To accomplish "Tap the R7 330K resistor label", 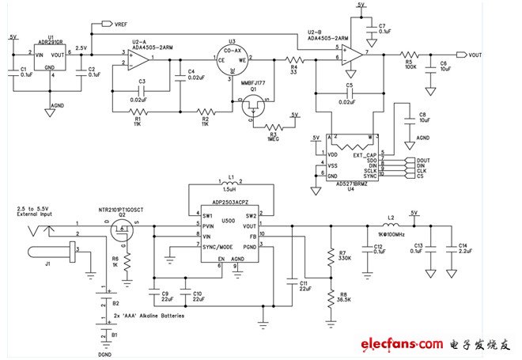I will coord(343,255).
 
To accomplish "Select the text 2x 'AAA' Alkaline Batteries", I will coord(149,315).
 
